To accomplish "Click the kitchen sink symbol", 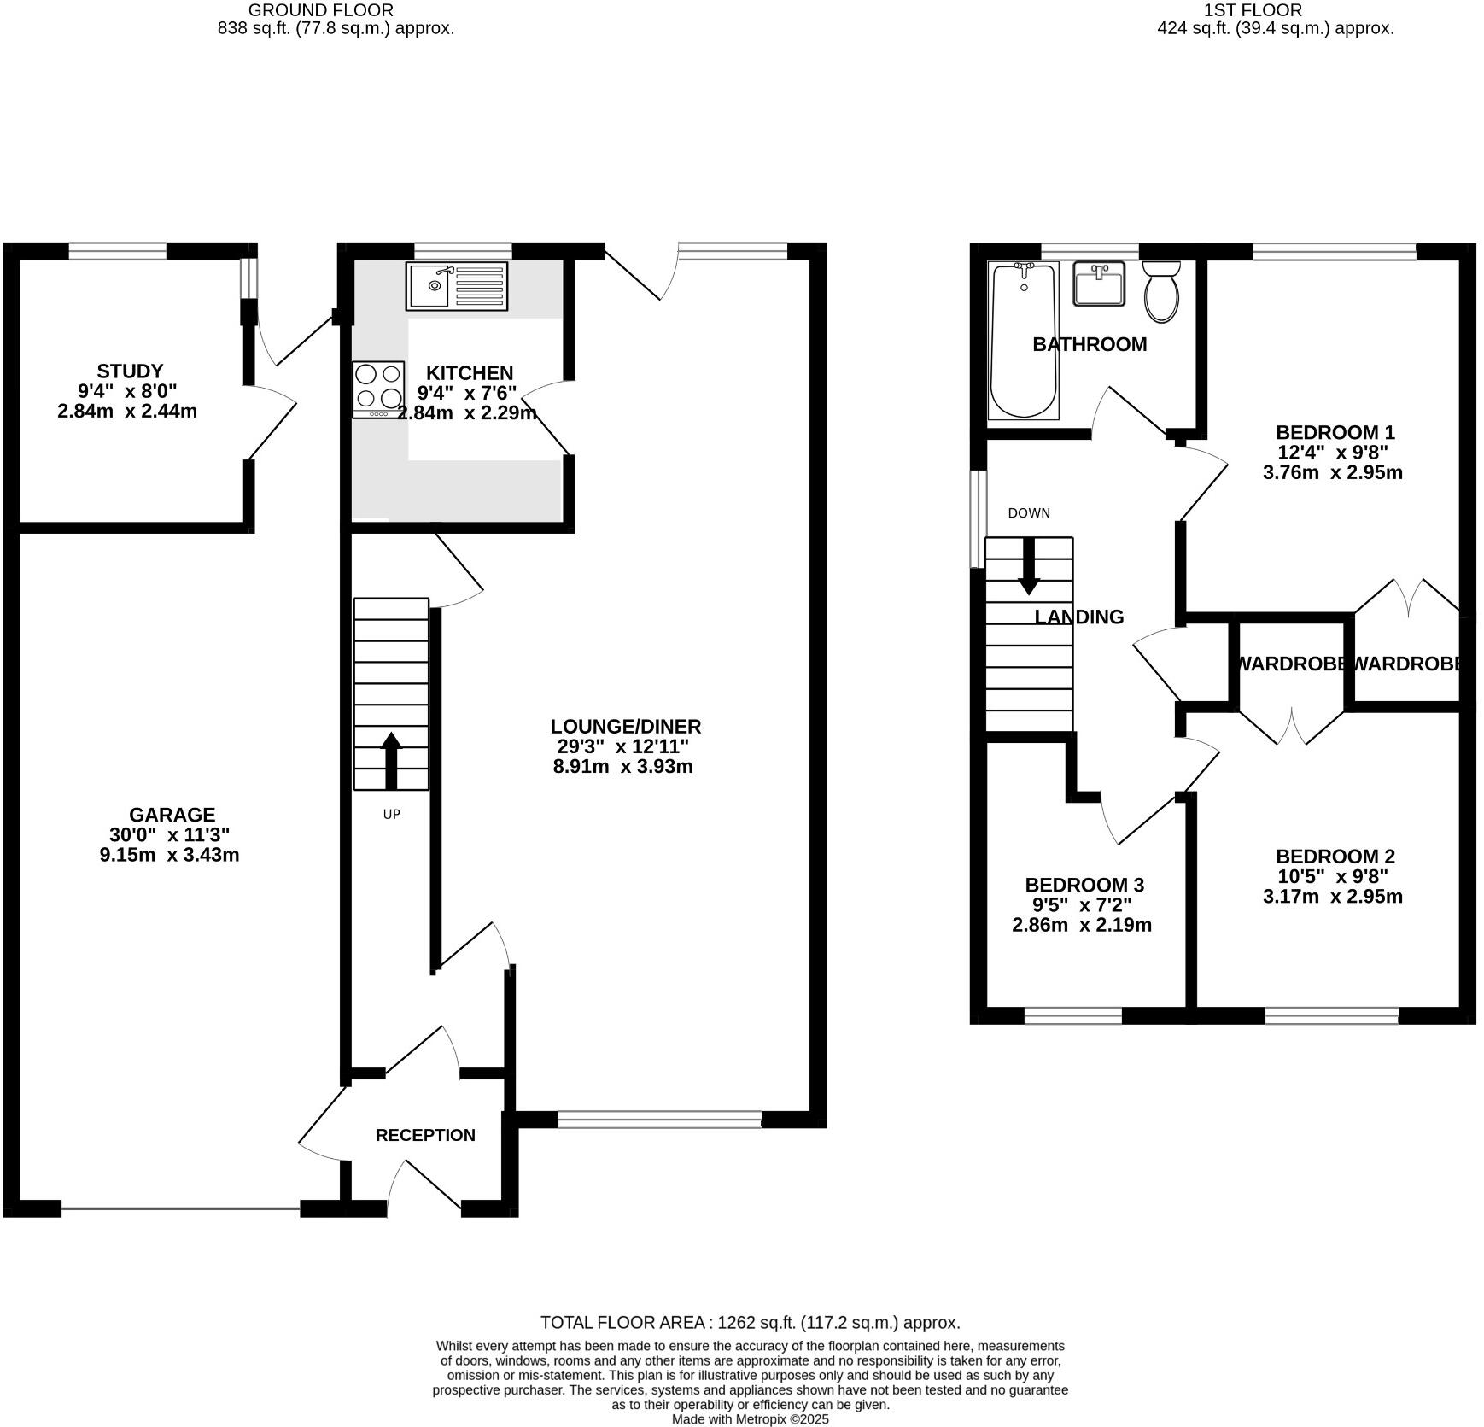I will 456,285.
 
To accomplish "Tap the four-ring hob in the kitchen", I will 378,389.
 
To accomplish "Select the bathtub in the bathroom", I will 1023,341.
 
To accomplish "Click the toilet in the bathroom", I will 1161,291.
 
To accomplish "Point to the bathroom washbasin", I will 1099,284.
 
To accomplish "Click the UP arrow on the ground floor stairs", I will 391,760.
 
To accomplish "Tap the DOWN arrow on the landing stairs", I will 1029,567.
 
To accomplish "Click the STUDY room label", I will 130,371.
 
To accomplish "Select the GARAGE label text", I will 172,815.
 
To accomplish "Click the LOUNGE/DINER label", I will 625,727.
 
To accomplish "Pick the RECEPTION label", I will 425,1135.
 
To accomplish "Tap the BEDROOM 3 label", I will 1084,885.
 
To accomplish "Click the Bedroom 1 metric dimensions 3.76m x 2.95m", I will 1332,472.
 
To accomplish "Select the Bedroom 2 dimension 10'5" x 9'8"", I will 1332,876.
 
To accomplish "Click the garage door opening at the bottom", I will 180,1208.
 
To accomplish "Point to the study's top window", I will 118,251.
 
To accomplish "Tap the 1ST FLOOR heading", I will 1253,10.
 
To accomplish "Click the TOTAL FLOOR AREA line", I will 750,1323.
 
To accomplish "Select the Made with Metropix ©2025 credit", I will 750,1419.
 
